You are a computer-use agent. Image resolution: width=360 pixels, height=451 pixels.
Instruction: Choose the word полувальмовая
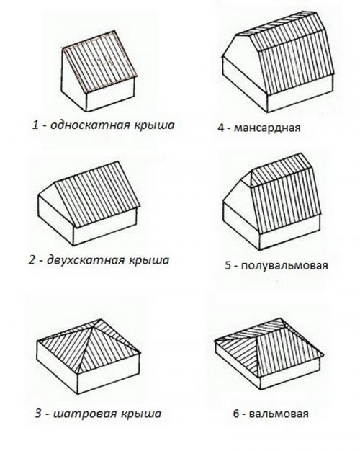(284, 265)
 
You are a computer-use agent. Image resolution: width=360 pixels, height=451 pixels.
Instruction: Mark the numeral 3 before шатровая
(37, 414)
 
